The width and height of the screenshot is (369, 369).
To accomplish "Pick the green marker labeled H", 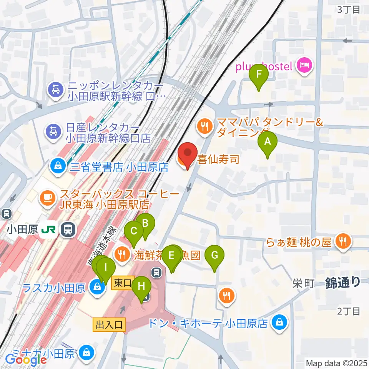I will pyautogui.click(x=141, y=287).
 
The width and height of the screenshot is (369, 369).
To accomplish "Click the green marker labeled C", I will pyautogui.click(x=134, y=231).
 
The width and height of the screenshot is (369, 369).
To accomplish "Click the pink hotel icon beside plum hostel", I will pyautogui.click(x=304, y=65).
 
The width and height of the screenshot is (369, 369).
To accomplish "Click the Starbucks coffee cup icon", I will pyautogui.click(x=48, y=197).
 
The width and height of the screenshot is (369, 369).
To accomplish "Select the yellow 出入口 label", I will pyautogui.click(x=109, y=325).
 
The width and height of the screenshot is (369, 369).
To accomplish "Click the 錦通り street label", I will pyautogui.click(x=343, y=283).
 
